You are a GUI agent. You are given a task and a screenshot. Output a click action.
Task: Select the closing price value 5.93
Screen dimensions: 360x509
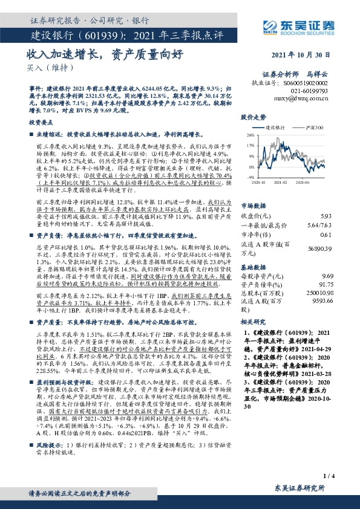pyautogui.click(x=326, y=199)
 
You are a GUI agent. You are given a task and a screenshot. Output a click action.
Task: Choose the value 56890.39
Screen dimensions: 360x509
pyautogui.click(x=321, y=231)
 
